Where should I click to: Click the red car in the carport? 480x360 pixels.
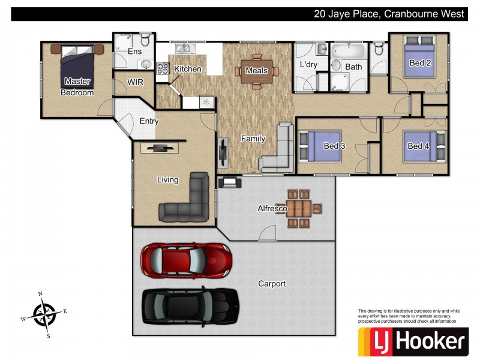pos(186,260)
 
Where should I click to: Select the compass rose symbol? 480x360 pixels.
pos(44,314)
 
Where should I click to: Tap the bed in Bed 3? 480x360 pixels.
pos(324,146)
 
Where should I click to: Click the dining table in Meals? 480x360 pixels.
pos(257,70)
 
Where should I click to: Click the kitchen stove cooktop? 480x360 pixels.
pos(162,68)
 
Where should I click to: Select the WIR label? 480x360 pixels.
pos(135,82)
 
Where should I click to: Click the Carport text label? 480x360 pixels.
pos(271,284)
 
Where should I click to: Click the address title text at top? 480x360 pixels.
pos(389,14)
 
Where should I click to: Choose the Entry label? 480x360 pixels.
pos(149,121)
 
